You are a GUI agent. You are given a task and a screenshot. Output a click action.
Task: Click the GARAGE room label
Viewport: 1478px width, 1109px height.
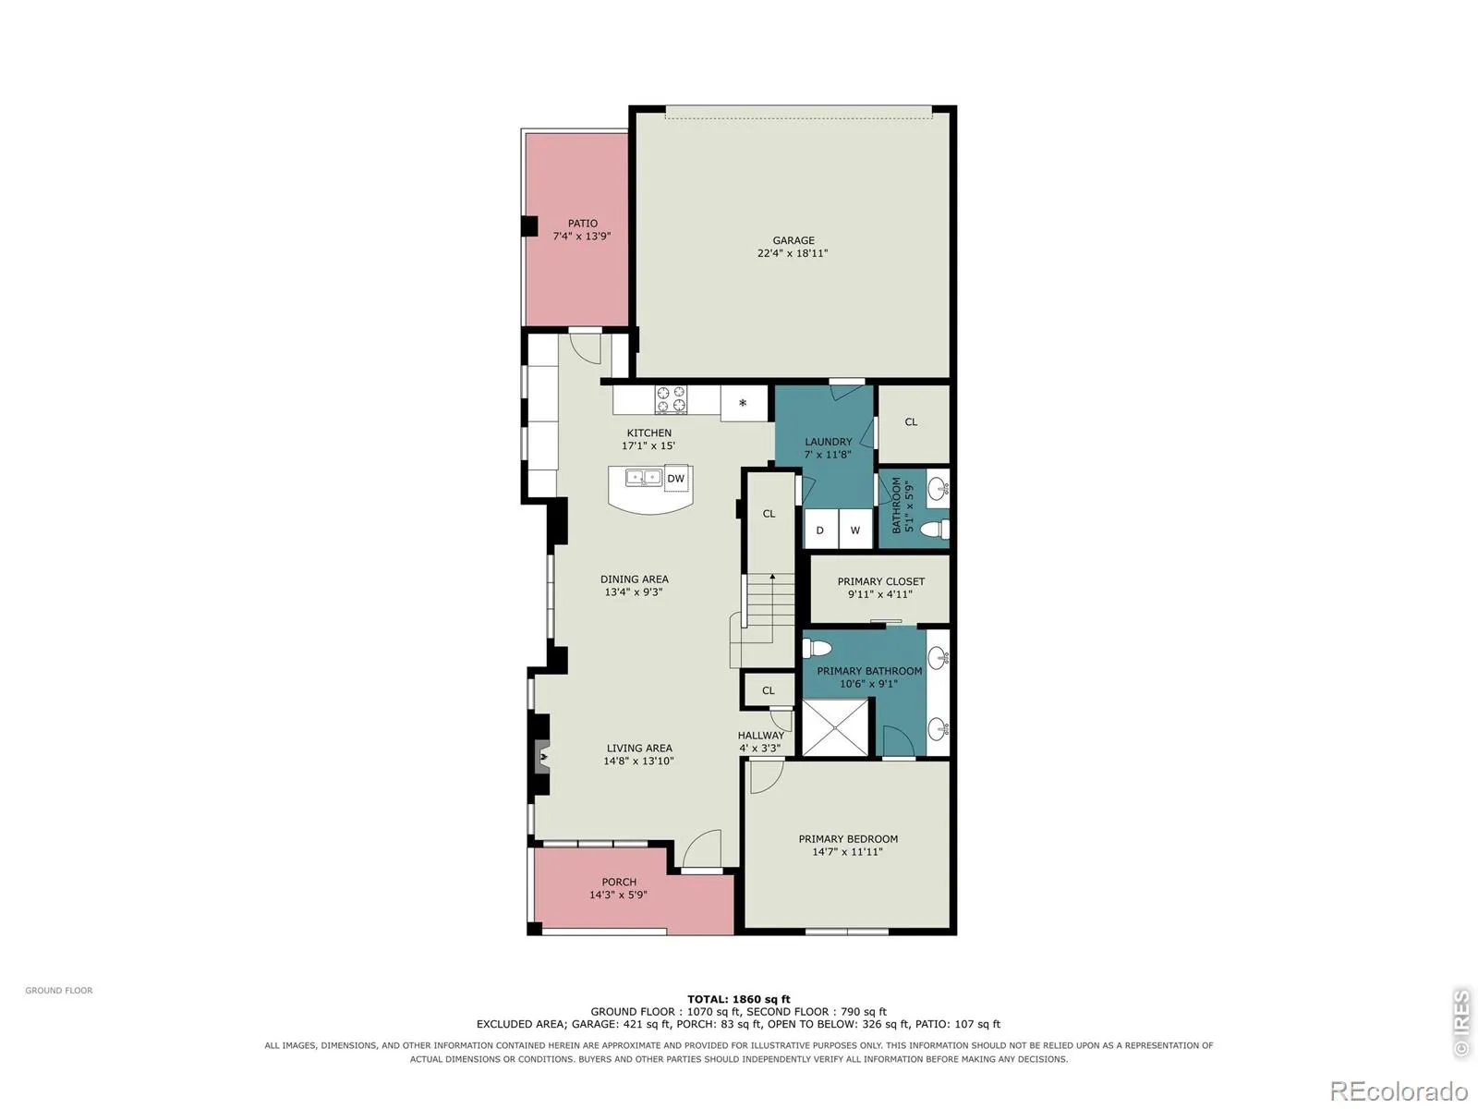click(x=793, y=240)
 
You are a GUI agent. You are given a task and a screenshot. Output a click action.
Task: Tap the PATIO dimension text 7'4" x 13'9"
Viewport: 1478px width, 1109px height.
click(x=582, y=237)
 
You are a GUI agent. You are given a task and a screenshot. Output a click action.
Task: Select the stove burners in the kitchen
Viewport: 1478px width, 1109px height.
click(x=671, y=399)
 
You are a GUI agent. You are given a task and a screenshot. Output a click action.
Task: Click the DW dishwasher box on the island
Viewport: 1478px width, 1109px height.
click(x=675, y=479)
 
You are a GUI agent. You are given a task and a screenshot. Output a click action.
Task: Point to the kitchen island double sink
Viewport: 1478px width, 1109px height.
click(x=643, y=478)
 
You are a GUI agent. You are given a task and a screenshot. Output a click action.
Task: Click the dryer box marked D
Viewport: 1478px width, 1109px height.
click(x=820, y=530)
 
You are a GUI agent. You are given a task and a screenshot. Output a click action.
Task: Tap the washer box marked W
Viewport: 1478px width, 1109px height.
click(x=854, y=530)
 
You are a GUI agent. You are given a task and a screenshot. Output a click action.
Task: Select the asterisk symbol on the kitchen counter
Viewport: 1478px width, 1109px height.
click(x=742, y=403)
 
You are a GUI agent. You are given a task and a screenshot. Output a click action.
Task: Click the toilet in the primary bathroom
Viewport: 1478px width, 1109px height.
click(x=816, y=649)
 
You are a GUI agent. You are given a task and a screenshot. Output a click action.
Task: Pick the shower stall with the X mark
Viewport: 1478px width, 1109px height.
click(x=835, y=727)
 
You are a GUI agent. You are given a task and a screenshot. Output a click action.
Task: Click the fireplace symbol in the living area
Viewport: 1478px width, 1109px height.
click(x=542, y=759)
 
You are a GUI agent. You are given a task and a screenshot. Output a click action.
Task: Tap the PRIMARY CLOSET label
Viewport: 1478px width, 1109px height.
click(x=880, y=581)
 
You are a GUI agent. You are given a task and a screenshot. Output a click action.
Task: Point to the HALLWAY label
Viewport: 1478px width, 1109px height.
click(x=760, y=736)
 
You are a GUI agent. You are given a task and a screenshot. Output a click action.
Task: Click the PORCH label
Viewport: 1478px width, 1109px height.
click(x=619, y=882)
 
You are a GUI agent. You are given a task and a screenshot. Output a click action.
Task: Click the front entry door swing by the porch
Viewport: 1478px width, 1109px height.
click(x=701, y=848)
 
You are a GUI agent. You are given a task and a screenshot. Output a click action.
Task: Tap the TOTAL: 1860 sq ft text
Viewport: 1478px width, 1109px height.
click(x=739, y=999)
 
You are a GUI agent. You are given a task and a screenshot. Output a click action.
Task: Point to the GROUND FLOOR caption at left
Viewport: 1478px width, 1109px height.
click(x=59, y=991)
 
